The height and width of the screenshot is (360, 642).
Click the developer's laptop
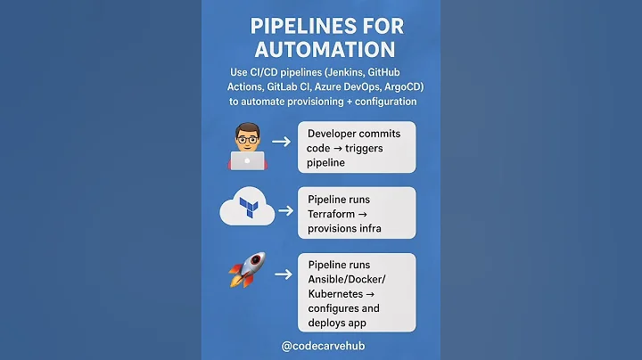pos(247,160)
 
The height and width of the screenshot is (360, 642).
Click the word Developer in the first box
pos(338,133)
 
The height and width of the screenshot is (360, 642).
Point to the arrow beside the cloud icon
pos(285,211)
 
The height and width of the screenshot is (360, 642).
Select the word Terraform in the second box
pos(337,214)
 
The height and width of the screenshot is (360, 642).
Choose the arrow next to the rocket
pos(283,274)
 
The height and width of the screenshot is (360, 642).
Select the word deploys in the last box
pos(328,323)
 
